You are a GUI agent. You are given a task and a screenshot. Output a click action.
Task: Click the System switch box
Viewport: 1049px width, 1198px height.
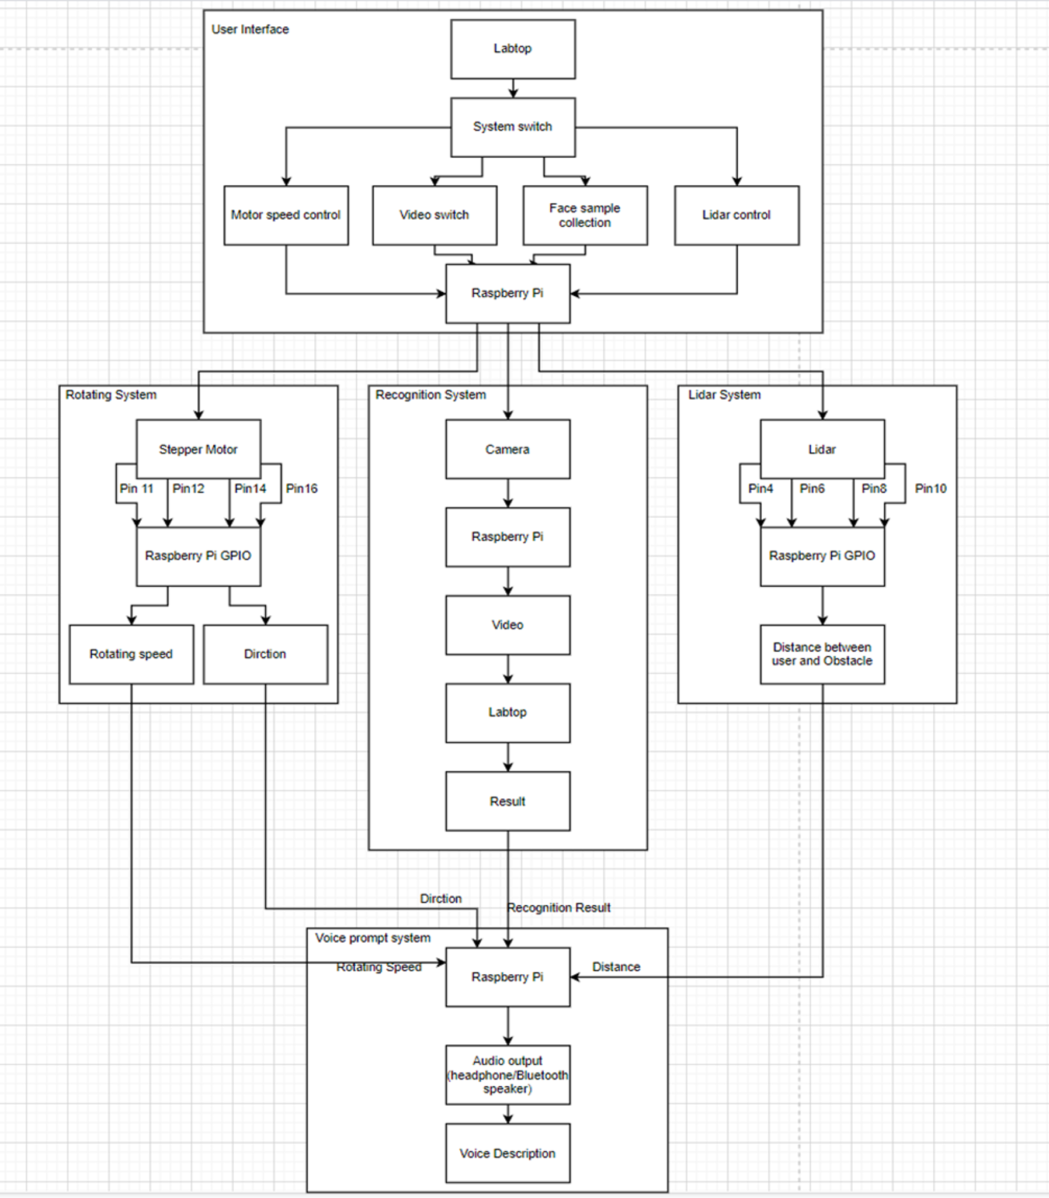513,127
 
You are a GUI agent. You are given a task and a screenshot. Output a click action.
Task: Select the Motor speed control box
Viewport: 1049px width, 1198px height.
286,216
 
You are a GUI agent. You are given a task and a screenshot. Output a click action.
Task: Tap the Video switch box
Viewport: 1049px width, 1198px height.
435,216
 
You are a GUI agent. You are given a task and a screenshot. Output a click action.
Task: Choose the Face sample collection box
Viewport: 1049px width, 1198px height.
585,216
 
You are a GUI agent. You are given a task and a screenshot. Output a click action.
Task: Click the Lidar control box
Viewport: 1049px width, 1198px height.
737,216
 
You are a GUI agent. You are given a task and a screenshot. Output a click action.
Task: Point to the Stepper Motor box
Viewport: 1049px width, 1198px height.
199,449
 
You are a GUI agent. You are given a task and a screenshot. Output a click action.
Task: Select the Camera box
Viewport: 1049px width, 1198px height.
508,449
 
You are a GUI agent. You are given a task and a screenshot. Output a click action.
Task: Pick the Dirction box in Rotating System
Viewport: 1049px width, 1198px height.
266,654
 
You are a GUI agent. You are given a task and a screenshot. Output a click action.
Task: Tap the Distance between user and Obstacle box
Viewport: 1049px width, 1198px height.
822,654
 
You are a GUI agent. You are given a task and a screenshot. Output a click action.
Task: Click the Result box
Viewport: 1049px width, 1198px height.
508,801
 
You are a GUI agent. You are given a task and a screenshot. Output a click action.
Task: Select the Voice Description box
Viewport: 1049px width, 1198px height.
508,1153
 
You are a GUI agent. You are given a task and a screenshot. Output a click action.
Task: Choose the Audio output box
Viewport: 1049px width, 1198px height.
508,1075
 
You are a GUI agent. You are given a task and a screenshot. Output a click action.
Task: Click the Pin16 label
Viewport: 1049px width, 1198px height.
302,489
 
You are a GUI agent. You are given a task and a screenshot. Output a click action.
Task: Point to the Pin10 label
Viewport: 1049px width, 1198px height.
931,489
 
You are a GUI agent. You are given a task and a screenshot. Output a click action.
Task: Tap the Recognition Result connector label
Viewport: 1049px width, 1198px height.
559,908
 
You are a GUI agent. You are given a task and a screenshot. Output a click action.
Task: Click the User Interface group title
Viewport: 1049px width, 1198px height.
250,29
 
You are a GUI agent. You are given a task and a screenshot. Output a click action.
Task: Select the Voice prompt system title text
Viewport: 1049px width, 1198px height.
373,938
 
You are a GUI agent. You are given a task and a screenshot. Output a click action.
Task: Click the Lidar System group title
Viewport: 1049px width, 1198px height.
725,394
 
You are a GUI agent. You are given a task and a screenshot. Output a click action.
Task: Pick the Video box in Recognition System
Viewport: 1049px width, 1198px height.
508,625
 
